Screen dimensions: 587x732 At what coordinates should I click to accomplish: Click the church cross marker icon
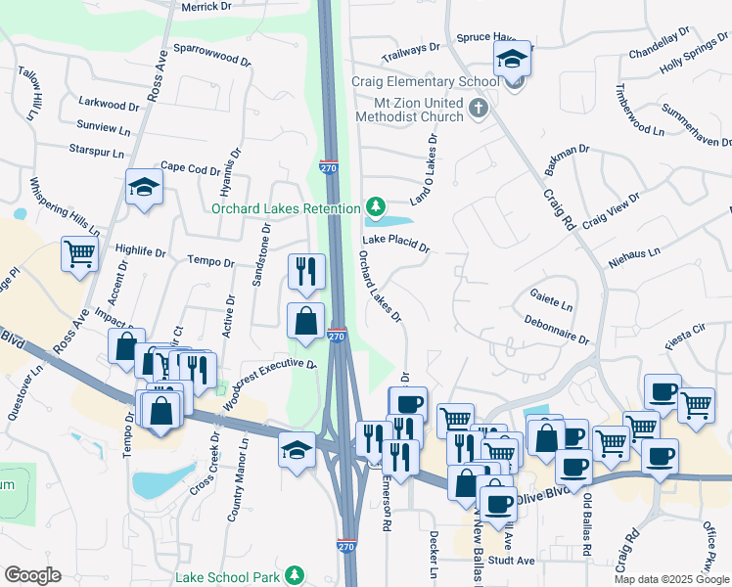[x=479, y=108]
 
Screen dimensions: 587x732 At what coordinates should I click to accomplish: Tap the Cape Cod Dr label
[x=191, y=168]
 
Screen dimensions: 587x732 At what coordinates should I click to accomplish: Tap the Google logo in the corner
[x=33, y=575]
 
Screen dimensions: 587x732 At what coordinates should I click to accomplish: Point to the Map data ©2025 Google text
[x=671, y=579]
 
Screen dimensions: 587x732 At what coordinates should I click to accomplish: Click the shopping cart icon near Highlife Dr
[x=80, y=254]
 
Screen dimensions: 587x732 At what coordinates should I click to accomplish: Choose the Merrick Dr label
[x=206, y=7]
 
